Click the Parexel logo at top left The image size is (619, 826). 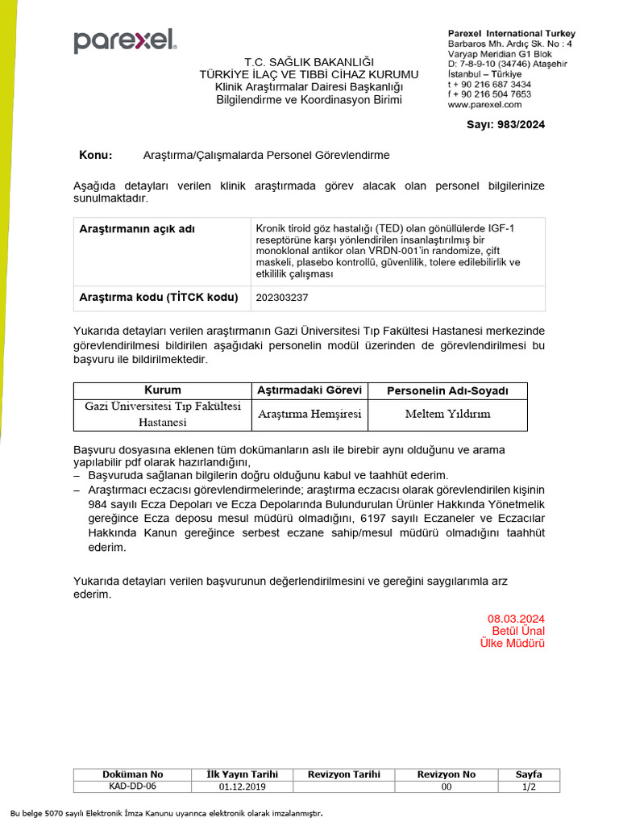[124, 41]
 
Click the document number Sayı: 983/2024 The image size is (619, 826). [505, 124]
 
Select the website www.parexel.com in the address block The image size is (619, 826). [484, 104]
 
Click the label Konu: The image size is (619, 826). [96, 155]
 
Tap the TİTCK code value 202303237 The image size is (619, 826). [281, 297]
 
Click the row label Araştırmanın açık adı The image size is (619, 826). [136, 229]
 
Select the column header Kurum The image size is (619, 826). [162, 390]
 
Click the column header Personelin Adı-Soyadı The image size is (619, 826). [447, 390]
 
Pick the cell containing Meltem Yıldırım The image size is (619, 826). [447, 414]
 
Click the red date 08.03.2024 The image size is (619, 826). [516, 618]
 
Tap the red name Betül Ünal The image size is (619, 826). [518, 630]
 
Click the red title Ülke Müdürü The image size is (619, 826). [513, 643]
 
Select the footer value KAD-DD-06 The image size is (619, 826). [133, 786]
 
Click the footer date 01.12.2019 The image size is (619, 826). [243, 786]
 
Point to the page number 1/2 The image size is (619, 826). [529, 786]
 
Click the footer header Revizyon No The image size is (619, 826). [446, 774]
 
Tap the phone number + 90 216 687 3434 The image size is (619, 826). [489, 84]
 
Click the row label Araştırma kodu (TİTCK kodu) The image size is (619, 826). [158, 297]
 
